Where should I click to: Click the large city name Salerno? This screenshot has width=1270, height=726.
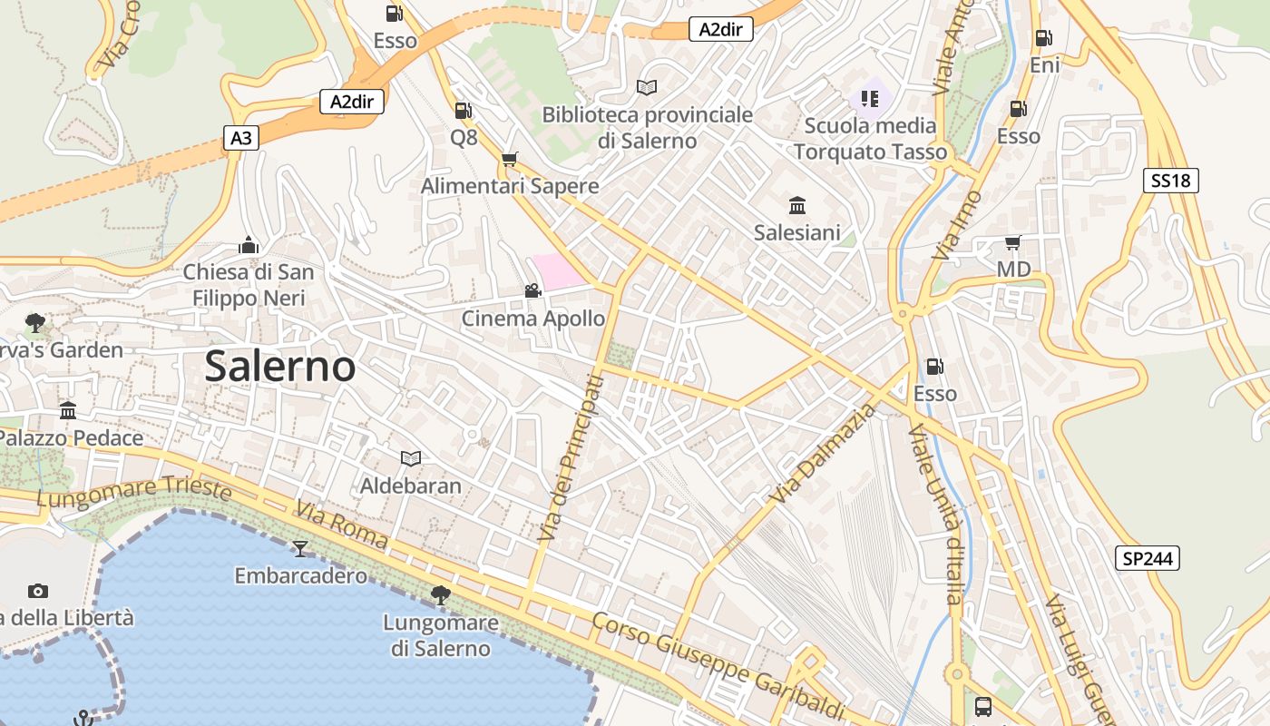279,366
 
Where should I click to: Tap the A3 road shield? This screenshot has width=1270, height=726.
241,138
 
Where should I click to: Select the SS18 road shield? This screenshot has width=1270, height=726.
1170,181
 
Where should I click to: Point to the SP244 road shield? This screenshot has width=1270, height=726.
1148,558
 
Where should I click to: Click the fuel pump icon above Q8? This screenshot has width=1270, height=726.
463,111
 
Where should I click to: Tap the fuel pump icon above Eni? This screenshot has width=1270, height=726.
1044,38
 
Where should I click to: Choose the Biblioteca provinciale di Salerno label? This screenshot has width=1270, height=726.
647,127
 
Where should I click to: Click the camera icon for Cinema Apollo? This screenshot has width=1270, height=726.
532,290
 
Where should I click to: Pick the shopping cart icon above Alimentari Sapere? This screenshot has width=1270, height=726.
510,159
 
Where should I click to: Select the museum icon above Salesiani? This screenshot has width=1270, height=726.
797,205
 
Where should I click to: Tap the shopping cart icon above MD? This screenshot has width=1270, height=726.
1013,242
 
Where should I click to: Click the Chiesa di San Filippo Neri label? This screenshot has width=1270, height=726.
249,284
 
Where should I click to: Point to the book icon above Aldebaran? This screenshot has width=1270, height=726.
411,458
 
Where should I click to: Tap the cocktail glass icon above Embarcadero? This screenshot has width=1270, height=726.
300,548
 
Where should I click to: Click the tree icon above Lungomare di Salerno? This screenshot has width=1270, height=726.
441,595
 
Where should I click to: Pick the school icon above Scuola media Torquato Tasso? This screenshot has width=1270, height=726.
870,98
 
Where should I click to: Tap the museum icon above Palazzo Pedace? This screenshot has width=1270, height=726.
68,410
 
